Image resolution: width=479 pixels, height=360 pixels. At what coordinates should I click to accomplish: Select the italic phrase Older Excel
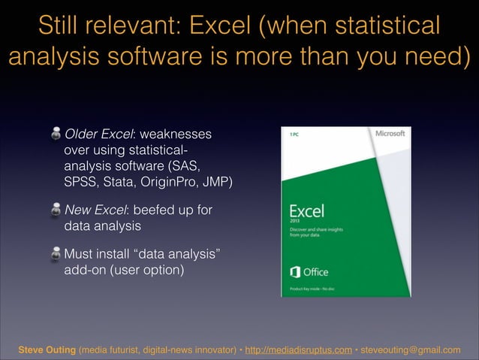[98, 135]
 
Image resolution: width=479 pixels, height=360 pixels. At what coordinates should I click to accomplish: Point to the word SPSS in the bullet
[81, 181]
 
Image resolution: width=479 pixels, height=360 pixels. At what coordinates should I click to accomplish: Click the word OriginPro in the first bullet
[174, 181]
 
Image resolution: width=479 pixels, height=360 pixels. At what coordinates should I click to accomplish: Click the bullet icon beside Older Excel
[56, 135]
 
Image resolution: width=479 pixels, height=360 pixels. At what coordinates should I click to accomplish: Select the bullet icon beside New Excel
[56, 210]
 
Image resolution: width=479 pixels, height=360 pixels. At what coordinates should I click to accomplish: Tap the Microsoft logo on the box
[390, 134]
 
